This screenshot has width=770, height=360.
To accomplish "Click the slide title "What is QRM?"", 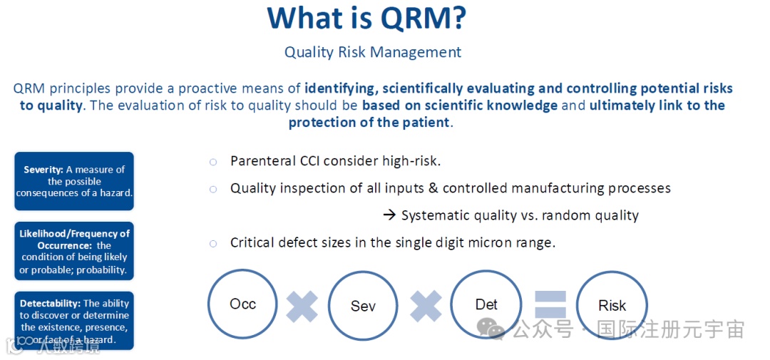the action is point(366,18).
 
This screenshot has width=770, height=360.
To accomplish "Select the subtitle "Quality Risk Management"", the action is point(373,52).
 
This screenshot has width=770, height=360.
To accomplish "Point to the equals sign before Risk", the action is point(550,304).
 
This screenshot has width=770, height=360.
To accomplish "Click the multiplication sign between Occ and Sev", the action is point(302,307).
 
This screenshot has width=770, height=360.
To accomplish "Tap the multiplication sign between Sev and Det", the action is point(426,307).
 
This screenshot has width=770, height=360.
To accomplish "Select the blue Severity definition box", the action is point(74,181).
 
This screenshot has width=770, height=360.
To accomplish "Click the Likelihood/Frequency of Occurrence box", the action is point(74,251).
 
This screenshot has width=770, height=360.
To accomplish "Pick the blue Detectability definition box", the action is point(74,321).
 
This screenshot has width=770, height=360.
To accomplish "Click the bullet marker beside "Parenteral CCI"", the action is point(213,162).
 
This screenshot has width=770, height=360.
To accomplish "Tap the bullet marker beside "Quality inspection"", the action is point(213,189).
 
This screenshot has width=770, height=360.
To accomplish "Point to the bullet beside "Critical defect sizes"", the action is point(213,243).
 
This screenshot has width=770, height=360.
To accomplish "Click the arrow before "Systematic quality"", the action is point(389,215).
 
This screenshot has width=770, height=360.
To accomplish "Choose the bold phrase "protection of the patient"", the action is point(369,122).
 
